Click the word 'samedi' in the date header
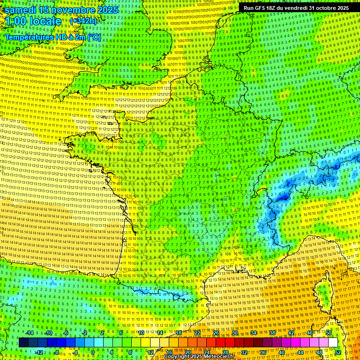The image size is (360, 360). click(x=21, y=10)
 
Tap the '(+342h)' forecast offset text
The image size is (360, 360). click(x=83, y=21)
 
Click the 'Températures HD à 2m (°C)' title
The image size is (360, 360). click(x=53, y=37)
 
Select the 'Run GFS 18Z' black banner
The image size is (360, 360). click(x=296, y=8)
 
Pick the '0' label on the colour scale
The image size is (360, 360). click(x=92, y=352)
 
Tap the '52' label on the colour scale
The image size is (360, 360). click(x=337, y=352)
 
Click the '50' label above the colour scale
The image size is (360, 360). click(x=329, y=333)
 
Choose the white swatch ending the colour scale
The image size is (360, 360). click(x=333, y=343)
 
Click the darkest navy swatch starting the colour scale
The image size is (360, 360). click(x=24, y=343)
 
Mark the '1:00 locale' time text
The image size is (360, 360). click(x=33, y=21)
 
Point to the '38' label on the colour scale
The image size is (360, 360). click(x=272, y=333)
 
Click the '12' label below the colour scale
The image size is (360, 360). click(x=150, y=352)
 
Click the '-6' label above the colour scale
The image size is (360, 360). click(x=67, y=333)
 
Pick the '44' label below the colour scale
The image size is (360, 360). click(x=300, y=352)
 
